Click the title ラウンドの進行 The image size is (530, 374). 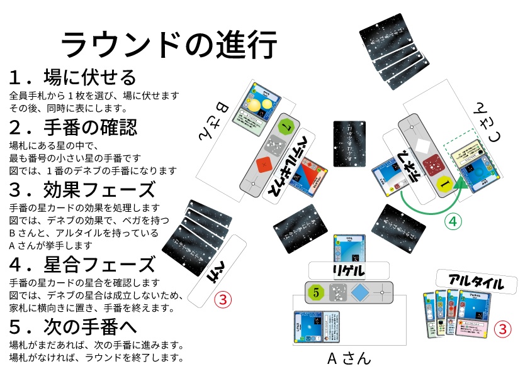168,45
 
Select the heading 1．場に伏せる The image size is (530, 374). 72,78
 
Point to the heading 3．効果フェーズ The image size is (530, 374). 82,189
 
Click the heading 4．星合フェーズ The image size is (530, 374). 82,264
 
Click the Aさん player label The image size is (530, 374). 349,359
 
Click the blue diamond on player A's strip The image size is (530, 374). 360,292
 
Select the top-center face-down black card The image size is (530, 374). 349,143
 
